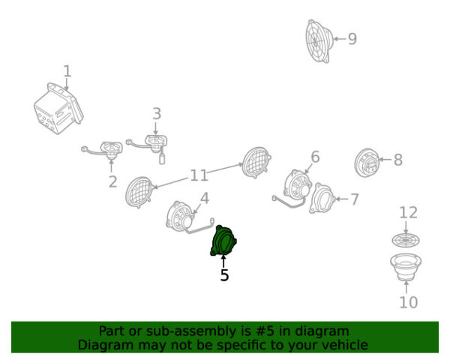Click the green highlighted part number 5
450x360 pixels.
coord(223,241)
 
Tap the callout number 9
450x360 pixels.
coord(352,39)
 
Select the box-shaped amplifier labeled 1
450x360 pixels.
coord(58,109)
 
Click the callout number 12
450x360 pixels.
coord(408,213)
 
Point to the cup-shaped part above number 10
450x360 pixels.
coord(406,267)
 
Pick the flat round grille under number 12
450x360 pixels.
coord(406,240)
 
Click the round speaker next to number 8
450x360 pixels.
coord(367,163)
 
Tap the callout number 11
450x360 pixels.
coord(199,175)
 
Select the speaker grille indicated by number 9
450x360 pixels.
coord(319,41)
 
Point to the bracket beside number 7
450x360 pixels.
coord(322,198)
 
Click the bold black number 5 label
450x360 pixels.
coord(224,275)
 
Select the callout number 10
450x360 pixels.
coord(409,302)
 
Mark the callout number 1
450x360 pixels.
coord(67,71)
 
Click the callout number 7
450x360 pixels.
coord(355,199)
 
